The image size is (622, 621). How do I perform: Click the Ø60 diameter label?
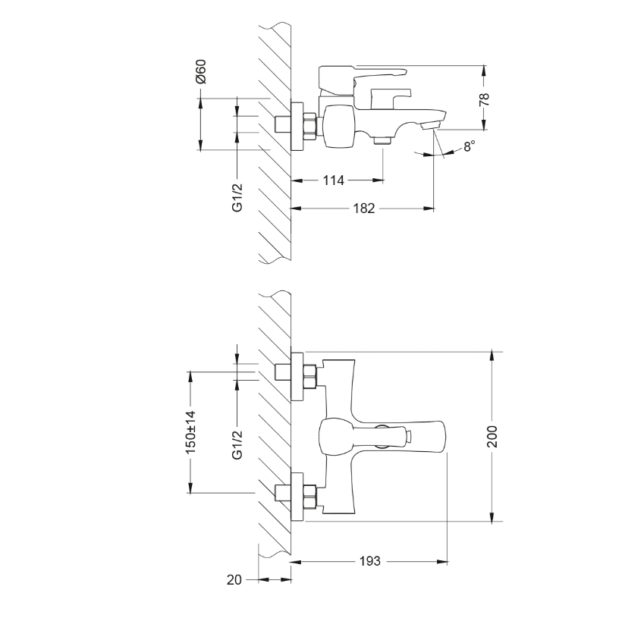tap(201, 71)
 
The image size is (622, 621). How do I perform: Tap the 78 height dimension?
tap(484, 99)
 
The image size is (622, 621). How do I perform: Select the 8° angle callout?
tap(470, 146)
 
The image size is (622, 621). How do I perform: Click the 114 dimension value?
tap(333, 180)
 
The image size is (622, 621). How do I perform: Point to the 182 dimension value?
tap(364, 208)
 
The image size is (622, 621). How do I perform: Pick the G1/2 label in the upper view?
tap(237, 197)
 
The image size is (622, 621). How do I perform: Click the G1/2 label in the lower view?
tap(237, 444)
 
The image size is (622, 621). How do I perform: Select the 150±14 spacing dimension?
tap(191, 433)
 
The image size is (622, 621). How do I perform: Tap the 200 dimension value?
tap(492, 436)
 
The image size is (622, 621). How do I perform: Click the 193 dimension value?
tap(369, 561)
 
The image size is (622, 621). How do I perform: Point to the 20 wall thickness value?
tap(234, 580)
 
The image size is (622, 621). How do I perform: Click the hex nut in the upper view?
tap(309, 126)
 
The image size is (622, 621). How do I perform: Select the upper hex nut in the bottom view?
tap(309, 376)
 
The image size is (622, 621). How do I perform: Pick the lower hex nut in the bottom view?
tap(309, 497)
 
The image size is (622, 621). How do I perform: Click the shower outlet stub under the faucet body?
tap(383, 141)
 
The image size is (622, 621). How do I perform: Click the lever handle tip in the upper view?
tap(404, 72)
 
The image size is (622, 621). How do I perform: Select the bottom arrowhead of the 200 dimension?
tap(492, 516)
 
